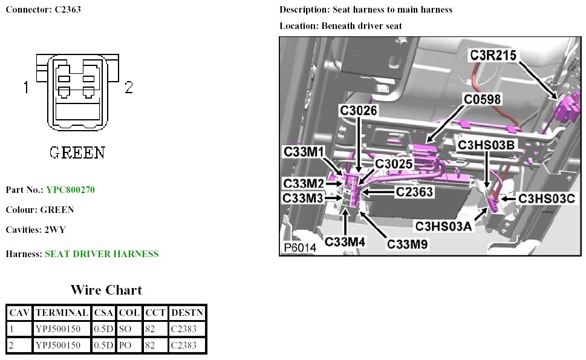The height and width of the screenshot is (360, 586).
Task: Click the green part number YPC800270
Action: tap(70, 190)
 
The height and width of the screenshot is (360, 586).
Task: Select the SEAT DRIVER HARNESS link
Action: tap(102, 254)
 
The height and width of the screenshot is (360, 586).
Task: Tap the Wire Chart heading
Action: tap(106, 290)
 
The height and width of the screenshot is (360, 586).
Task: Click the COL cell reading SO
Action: tap(125, 329)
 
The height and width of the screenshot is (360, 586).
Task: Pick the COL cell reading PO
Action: tap(125, 345)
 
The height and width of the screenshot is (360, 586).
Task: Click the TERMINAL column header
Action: tap(61, 313)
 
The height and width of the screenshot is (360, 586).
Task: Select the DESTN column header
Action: tap(187, 313)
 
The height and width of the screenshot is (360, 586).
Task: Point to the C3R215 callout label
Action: tap(493, 55)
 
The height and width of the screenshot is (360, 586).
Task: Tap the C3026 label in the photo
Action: tap(359, 111)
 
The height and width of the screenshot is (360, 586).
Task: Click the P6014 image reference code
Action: tap(299, 248)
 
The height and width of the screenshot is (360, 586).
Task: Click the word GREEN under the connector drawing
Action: tap(77, 151)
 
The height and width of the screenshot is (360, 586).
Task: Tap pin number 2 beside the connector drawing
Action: tap(129, 88)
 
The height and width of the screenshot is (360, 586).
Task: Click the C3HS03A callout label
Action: tap(443, 226)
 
